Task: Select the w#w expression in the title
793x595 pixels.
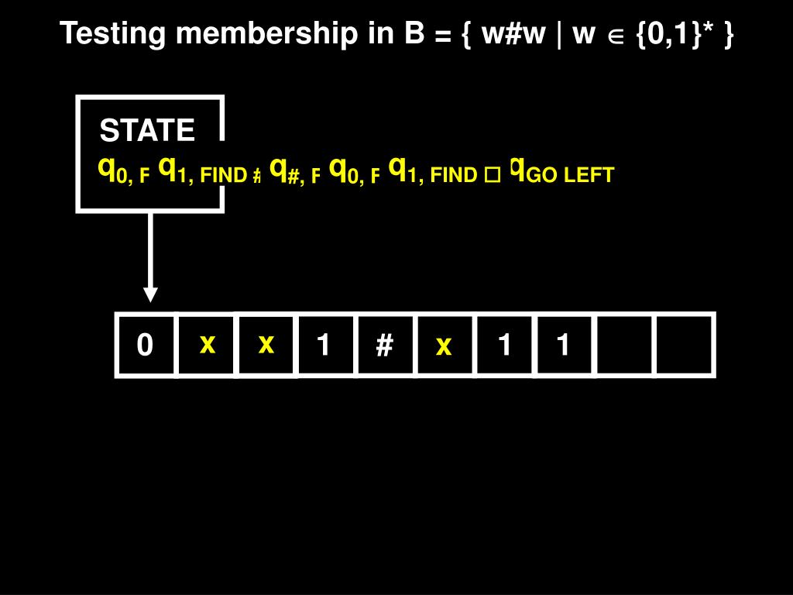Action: tap(511, 33)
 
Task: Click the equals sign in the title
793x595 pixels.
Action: tap(444, 35)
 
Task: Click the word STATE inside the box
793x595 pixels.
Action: tap(147, 131)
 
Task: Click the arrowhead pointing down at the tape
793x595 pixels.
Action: tap(150, 294)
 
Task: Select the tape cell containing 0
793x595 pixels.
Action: tap(145, 345)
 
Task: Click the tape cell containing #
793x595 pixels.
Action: tap(384, 345)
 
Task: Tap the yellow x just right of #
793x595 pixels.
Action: tap(443, 346)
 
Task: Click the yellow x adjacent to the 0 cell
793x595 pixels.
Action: tap(207, 343)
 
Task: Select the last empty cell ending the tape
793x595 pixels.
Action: tap(684, 345)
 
